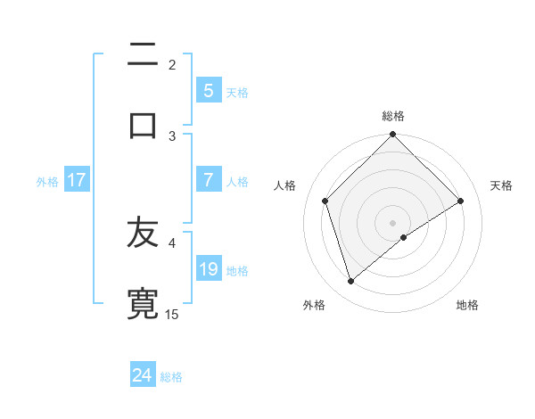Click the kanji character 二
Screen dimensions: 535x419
tap(143, 56)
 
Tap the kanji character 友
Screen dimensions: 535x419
tap(143, 235)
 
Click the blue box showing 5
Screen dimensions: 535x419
tap(209, 91)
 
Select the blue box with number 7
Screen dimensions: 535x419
tap(209, 180)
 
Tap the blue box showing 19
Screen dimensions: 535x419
tap(209, 269)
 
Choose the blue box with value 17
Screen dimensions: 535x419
tap(77, 180)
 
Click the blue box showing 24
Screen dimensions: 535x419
tap(143, 375)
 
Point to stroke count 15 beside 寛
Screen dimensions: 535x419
tap(172, 314)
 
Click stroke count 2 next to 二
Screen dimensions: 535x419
tap(172, 65)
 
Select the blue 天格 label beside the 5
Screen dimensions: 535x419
tap(237, 92)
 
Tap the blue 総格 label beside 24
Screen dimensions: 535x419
tap(171, 376)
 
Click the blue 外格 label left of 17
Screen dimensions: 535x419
tap(47, 181)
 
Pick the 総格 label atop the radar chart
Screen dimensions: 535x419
tap(393, 116)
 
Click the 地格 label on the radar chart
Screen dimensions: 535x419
tap(467, 306)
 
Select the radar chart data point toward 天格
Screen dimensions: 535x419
tap(461, 201)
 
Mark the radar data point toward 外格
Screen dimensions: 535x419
tap(350, 282)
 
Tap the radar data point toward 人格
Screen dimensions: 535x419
tap(325, 201)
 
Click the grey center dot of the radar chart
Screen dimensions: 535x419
tap(393, 222)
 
